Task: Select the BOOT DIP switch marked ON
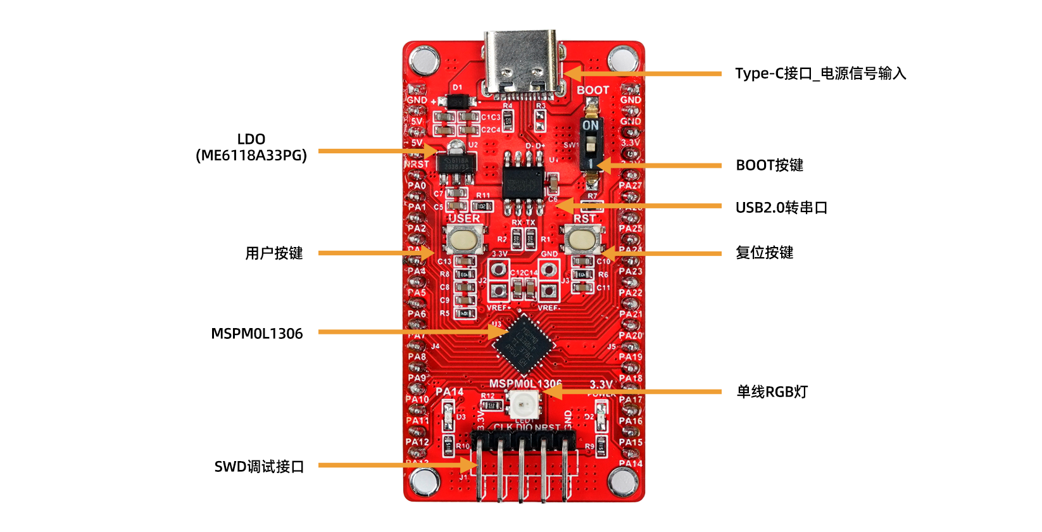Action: (591, 144)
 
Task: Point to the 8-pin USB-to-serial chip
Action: (523, 179)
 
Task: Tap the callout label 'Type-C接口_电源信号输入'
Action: (820, 73)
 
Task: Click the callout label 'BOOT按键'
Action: (769, 165)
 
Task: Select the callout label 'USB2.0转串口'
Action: (781, 208)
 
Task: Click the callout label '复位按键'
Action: (764, 253)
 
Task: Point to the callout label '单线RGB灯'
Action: (772, 392)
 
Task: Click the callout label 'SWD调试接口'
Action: (259, 467)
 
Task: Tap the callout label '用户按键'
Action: (274, 253)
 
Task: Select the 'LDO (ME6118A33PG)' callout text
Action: (251, 147)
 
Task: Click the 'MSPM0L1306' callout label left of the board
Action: (256, 334)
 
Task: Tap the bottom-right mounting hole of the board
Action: (623, 482)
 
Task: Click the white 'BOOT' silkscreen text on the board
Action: (593, 91)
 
